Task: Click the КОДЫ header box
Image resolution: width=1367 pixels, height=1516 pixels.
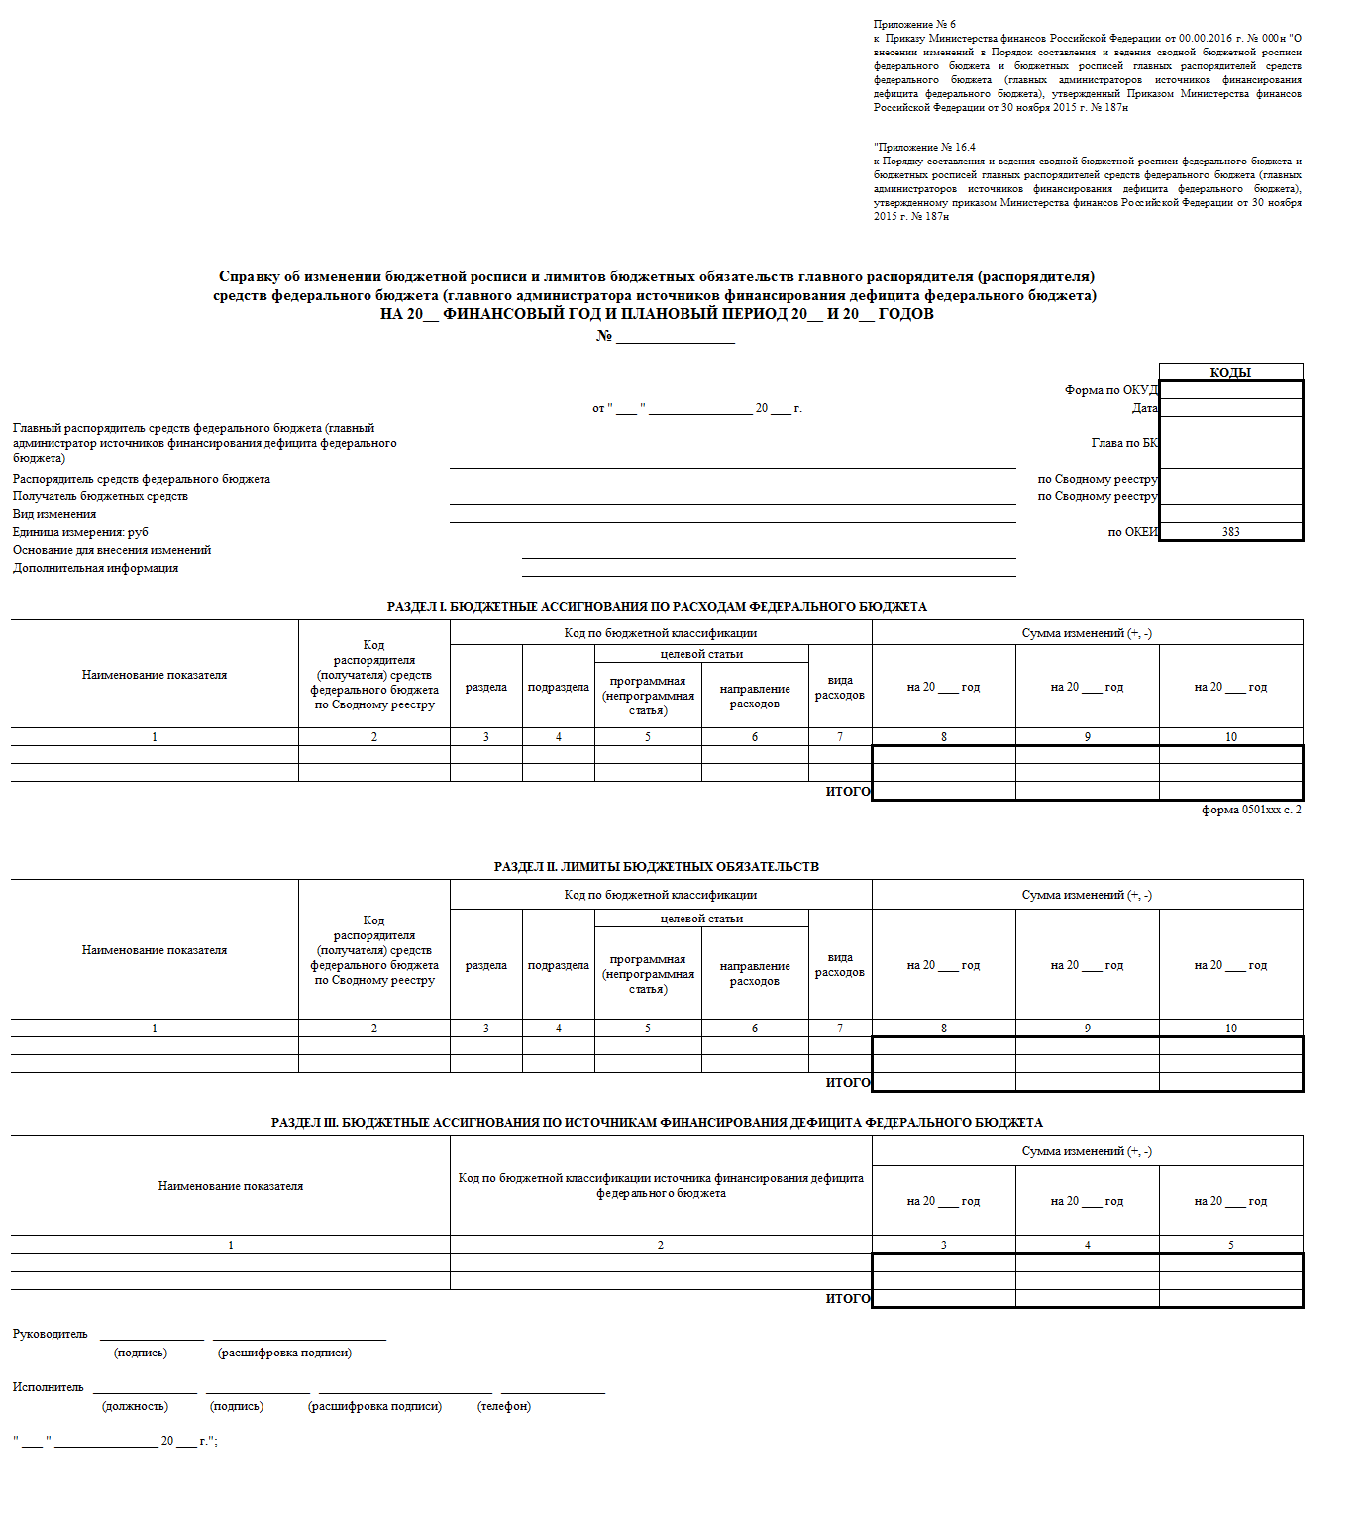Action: point(1230,373)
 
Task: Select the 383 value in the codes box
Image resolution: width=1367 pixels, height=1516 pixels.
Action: point(1230,532)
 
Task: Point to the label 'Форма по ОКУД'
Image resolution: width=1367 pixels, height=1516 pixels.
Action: point(1110,390)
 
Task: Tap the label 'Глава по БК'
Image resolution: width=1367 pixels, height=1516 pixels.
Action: point(1124,443)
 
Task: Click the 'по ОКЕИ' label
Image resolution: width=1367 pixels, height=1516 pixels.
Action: point(1132,532)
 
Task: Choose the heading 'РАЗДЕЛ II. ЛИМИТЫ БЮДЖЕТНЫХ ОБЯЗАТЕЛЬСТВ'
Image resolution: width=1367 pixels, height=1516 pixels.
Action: point(656,867)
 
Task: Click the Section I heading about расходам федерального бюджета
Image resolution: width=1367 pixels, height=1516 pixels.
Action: point(656,607)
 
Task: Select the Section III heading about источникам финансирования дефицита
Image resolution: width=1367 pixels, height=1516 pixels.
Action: point(656,1123)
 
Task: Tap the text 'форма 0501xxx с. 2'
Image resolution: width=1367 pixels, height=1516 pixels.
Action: point(1251,810)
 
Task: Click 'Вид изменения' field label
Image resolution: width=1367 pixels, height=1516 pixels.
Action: point(54,514)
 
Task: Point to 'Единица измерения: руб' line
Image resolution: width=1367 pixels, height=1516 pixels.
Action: point(80,532)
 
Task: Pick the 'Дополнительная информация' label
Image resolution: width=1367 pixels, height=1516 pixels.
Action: point(95,568)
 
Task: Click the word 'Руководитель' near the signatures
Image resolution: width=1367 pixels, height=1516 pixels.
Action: point(50,1334)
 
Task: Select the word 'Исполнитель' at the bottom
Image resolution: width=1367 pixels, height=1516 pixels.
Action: point(48,1387)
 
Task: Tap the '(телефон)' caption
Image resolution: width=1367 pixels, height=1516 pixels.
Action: point(503,1406)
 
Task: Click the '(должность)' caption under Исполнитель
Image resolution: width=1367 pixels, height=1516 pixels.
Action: point(135,1406)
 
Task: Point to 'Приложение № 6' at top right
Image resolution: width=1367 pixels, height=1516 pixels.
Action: point(914,24)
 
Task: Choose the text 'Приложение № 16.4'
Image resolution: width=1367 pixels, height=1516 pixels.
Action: point(924,147)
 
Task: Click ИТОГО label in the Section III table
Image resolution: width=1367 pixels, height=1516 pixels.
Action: point(848,1299)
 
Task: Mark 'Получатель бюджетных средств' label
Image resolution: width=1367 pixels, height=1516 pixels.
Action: point(100,496)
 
